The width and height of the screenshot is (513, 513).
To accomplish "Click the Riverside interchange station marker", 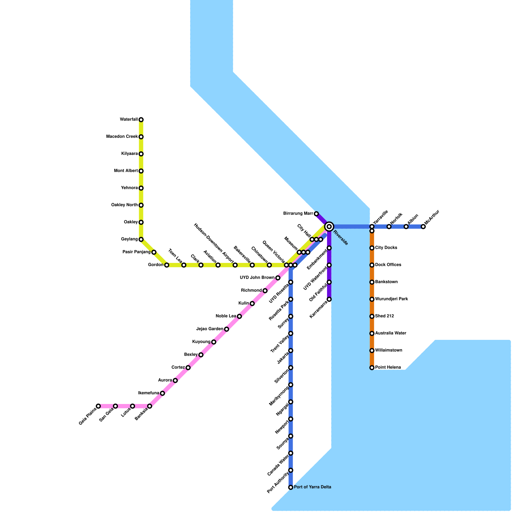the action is point(329,227).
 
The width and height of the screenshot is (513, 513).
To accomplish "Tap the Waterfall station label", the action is point(129,120).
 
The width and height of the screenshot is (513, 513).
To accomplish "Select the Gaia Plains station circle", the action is point(98,406).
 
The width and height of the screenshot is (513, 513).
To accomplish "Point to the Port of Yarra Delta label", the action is point(312,487).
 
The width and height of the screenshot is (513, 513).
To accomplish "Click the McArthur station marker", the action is point(423,227).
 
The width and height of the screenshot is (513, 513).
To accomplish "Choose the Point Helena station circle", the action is point(372,368).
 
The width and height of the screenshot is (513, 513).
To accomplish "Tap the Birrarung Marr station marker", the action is point(316,214).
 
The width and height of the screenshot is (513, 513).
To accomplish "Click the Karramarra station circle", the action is point(329,299).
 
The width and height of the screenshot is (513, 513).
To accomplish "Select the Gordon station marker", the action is point(167,265).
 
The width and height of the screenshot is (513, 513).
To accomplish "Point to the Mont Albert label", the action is point(126,171).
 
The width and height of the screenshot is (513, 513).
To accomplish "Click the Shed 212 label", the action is point(384,316).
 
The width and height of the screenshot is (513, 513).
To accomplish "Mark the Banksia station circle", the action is point(150,406).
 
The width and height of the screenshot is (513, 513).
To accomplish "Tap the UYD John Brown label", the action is point(257,278).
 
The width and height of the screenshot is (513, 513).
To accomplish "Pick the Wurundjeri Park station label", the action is point(391,299).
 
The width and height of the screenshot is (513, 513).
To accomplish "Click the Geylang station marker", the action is point(141,240).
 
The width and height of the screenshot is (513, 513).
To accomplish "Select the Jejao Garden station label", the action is point(210,329).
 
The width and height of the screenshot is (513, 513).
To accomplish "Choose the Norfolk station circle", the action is point(389,227).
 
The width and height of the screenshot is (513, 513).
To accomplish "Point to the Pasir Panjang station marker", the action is point(154,252).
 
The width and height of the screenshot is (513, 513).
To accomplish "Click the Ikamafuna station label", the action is point(148,393).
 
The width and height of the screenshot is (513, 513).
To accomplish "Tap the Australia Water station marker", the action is point(372,333).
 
